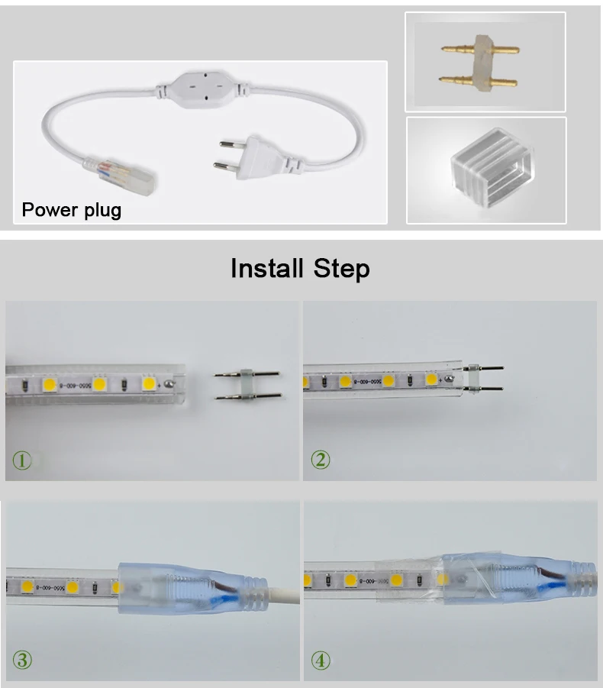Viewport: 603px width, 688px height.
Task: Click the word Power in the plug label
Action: coord(47,209)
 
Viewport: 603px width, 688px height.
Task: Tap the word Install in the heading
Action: coord(268,268)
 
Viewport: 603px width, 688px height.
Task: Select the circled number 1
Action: coord(22,460)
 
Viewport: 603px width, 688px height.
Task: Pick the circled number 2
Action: coord(321,460)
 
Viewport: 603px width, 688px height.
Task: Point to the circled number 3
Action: coord(22,660)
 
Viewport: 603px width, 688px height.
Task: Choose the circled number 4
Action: coord(321,660)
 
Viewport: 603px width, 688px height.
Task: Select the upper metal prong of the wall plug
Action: coord(237,143)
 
